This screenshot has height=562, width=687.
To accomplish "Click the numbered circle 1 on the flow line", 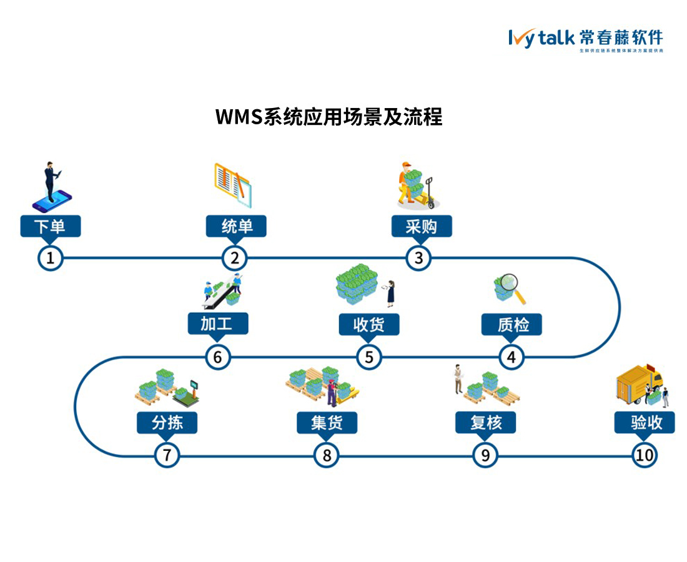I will [51, 258].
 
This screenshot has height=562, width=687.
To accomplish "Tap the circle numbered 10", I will [645, 455].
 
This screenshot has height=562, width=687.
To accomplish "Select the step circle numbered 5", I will [369, 357].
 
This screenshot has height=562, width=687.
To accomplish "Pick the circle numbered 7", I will [167, 455].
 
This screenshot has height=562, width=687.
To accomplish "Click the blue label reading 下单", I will [51, 226].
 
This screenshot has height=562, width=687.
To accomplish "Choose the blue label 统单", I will [236, 226].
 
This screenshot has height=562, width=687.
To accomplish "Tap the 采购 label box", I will [422, 226].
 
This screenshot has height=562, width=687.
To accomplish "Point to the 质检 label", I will [512, 325].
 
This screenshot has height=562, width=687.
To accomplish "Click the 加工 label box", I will [218, 324].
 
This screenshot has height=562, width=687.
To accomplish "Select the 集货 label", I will [327, 423].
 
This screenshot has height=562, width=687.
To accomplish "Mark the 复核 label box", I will [485, 423].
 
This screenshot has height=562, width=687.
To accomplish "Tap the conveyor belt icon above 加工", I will [222, 291].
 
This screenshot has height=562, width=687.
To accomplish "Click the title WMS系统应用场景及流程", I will [329, 117].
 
